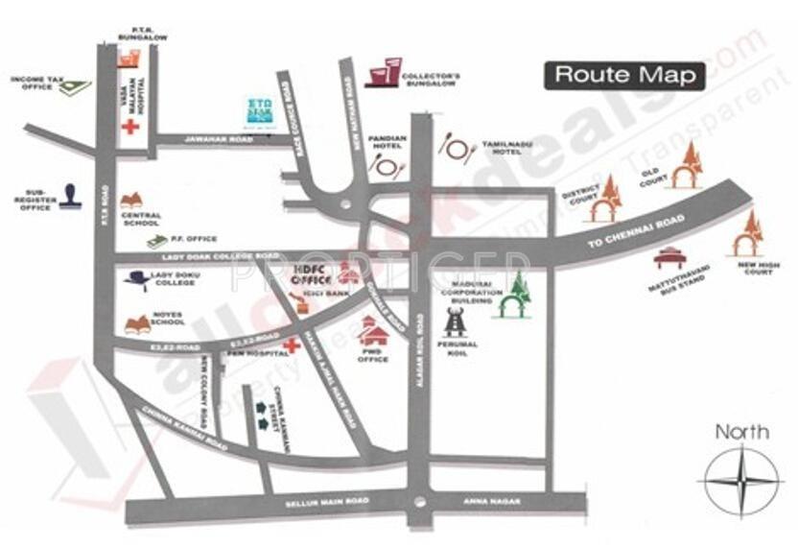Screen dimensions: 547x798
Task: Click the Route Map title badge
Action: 624,75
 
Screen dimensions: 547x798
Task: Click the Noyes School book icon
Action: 137,324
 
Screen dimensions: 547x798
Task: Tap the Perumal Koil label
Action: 457,348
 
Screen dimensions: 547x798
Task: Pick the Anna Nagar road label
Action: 495,502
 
